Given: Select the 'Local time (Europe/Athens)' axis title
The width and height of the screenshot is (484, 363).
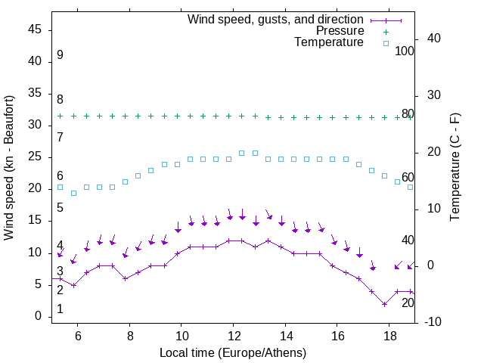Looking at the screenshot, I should click(x=233, y=352).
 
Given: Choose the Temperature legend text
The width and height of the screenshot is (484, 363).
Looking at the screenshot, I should click(x=329, y=43).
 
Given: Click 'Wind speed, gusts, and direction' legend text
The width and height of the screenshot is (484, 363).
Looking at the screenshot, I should click(x=276, y=19).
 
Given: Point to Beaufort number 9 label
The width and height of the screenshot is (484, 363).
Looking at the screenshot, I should click(x=60, y=55).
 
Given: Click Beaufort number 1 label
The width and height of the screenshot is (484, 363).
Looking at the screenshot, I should click(x=60, y=309).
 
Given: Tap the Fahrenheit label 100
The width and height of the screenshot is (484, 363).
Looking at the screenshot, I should click(x=405, y=51).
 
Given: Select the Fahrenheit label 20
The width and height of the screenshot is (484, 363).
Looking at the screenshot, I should click(x=408, y=302).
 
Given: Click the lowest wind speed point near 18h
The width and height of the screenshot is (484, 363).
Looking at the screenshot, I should click(x=385, y=304).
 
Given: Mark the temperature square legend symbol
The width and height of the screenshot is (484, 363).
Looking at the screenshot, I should click(x=385, y=43).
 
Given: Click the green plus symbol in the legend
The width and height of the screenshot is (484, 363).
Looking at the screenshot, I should click(x=385, y=31).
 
